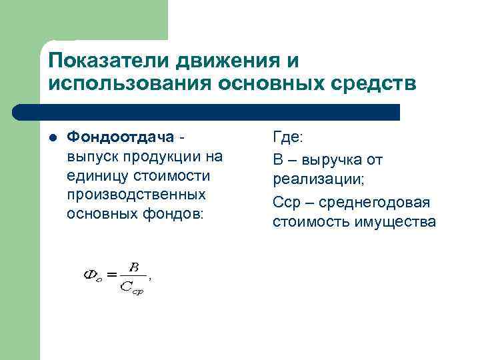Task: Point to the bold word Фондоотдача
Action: pyautogui.click(x=121, y=137)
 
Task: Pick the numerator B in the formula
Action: pyautogui.click(x=134, y=267)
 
